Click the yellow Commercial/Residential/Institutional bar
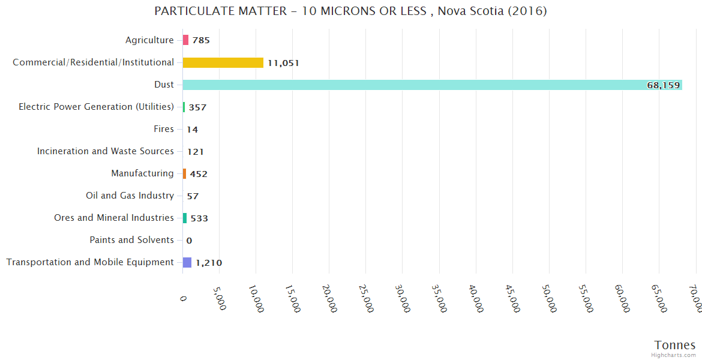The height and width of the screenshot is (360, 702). (223, 62)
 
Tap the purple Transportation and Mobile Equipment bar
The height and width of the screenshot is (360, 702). (187, 262)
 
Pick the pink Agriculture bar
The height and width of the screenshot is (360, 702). (185, 40)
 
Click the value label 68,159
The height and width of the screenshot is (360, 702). (663, 85)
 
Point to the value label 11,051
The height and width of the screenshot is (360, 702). (283, 63)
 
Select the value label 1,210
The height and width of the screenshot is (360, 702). (209, 263)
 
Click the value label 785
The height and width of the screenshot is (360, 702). (201, 41)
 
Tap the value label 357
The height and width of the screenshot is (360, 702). (197, 107)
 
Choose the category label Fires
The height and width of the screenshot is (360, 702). (164, 129)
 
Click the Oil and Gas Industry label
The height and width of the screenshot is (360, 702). (130, 196)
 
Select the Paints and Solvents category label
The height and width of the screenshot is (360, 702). (131, 240)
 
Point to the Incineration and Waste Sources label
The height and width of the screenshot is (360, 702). (106, 151)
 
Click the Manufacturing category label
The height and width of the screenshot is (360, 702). (142, 173)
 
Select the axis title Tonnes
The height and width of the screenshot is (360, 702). (674, 345)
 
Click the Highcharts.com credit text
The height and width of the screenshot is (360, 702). (674, 355)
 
